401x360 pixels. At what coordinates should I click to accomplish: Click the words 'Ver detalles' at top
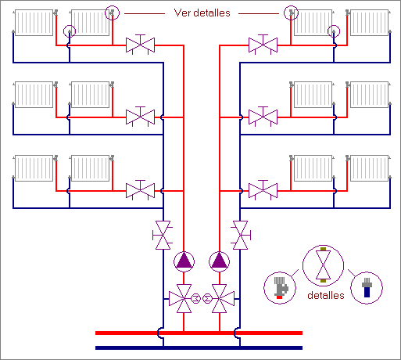pyautogui.click(x=202, y=13)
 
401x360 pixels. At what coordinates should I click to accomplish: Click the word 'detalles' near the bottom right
pyautogui.click(x=326, y=295)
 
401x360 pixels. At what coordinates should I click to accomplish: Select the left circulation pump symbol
pyautogui.click(x=184, y=261)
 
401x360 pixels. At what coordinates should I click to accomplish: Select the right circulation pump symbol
pyautogui.click(x=220, y=261)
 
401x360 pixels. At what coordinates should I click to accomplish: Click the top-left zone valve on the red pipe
pyautogui.click(x=140, y=45)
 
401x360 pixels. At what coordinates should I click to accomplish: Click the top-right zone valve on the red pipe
pyautogui.click(x=263, y=45)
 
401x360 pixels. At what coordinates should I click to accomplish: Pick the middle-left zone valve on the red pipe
pyautogui.click(x=140, y=117)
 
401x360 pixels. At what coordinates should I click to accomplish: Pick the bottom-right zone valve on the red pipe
pyautogui.click(x=263, y=190)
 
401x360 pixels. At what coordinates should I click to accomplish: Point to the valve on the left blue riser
pyautogui.click(x=163, y=235)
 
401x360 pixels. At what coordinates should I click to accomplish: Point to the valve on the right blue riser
pyautogui.click(x=240, y=235)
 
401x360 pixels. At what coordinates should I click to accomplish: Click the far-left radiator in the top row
pyautogui.click(x=34, y=23)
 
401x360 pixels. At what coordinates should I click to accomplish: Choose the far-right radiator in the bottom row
pyautogui.click(x=370, y=168)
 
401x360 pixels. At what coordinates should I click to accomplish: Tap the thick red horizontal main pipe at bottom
pyautogui.click(x=199, y=333)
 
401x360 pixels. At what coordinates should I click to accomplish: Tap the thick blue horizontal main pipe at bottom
pyautogui.click(x=199, y=347)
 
